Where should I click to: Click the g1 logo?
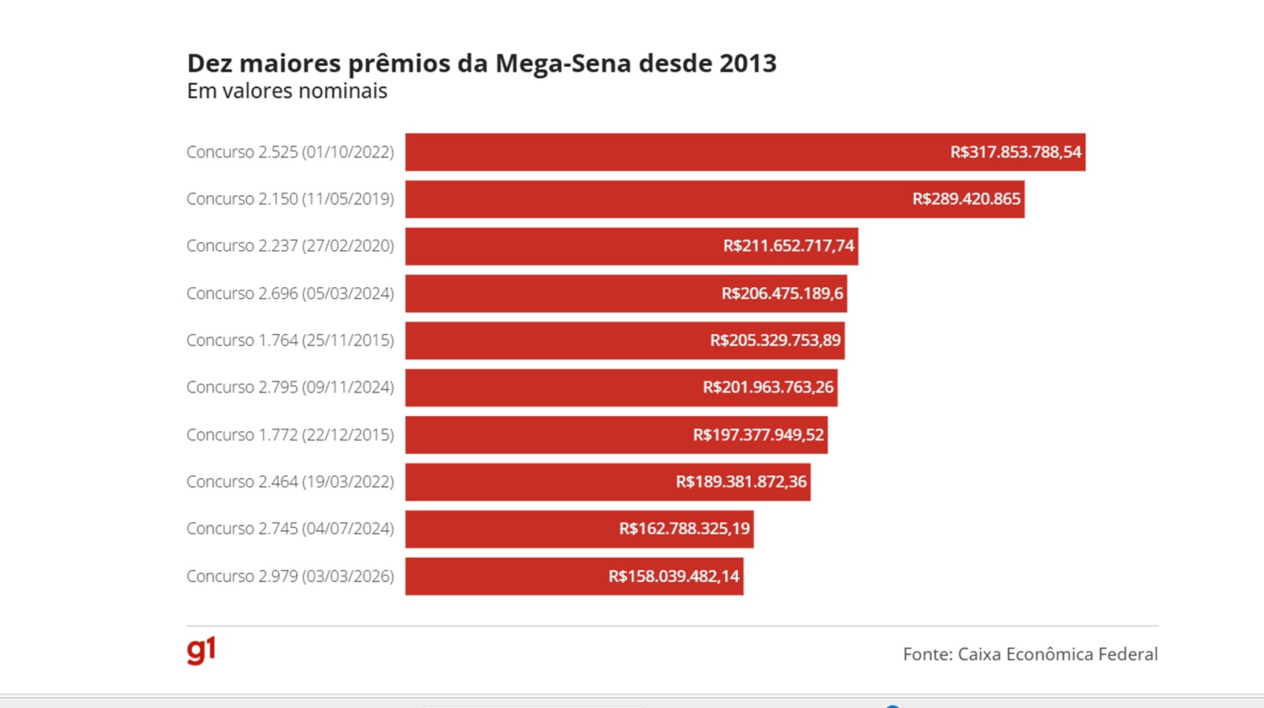pyautogui.click(x=201, y=651)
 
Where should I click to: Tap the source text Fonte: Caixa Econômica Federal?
pyautogui.click(x=1029, y=654)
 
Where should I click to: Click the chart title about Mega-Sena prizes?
pyautogui.click(x=481, y=63)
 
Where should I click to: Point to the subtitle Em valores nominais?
pyautogui.click(x=286, y=91)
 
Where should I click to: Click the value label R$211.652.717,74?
pyautogui.click(x=788, y=246)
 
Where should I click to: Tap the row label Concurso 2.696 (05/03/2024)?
pyautogui.click(x=290, y=293)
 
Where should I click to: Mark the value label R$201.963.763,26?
pyautogui.click(x=767, y=387)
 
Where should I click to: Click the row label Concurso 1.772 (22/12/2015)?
pyautogui.click(x=290, y=434)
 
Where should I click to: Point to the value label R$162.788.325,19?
pyautogui.click(x=684, y=529)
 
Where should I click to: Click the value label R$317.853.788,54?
pyautogui.click(x=1015, y=152)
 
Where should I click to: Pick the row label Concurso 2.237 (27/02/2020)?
pyautogui.click(x=290, y=246)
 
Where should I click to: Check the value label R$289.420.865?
pyautogui.click(x=966, y=199)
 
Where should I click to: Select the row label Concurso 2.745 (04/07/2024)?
pyautogui.click(x=290, y=529)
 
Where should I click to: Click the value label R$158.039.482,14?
pyautogui.click(x=674, y=576)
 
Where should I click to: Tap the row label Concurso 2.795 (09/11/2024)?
pyautogui.click(x=290, y=387)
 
